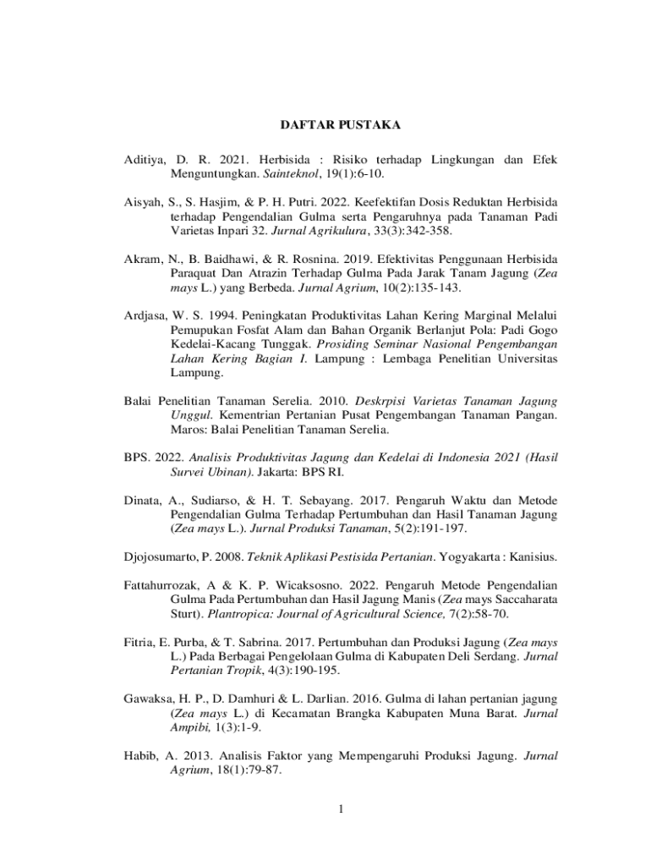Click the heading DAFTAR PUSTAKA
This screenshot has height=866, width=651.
tap(340, 125)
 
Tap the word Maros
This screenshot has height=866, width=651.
tap(186, 430)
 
